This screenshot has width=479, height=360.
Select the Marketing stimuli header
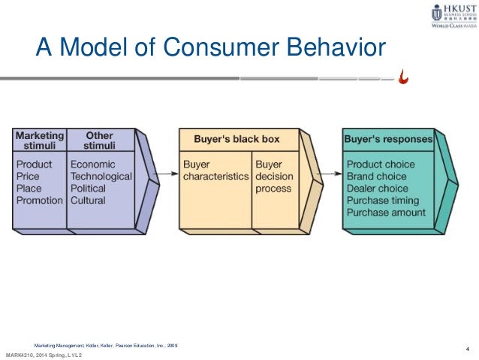click(40, 141)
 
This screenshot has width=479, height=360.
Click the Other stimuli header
click(98, 141)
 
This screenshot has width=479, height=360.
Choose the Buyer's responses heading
click(387, 139)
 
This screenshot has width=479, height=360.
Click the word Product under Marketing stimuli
click(35, 163)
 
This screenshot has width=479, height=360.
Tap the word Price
click(29, 176)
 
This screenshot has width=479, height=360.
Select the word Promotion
click(40, 201)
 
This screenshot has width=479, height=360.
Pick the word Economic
click(94, 163)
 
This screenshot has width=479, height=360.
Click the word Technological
click(101, 176)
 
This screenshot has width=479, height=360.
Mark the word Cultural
click(89, 201)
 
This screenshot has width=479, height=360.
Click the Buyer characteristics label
click(215, 170)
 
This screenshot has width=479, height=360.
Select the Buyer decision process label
click(273, 176)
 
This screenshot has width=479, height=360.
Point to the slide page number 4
click(467, 347)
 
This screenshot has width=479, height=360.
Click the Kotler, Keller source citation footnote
click(110, 344)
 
